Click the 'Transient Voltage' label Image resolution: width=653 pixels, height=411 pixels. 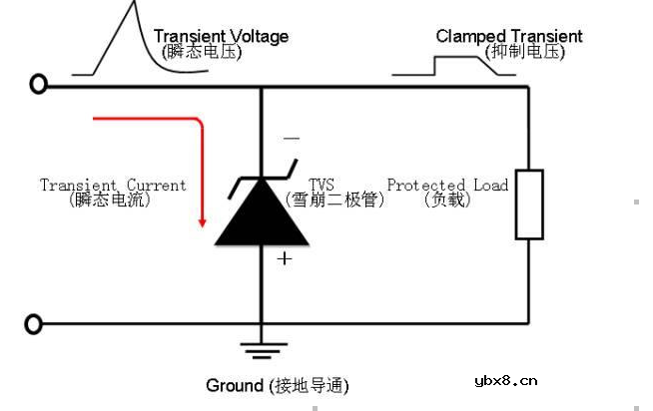pos(221,36)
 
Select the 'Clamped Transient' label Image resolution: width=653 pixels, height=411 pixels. pos(508,36)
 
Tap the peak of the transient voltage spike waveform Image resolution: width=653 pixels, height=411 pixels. pos(132,5)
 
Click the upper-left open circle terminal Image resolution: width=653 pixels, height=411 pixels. pos(38,86)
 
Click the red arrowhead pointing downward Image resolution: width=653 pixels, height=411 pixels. pos(203,219)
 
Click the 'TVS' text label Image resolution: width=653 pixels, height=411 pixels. pos(322,185)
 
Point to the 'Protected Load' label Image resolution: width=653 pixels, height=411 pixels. pos(447,185)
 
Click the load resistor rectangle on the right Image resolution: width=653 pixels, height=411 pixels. pos(529,205)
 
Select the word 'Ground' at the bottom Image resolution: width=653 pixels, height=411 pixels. pos(235,385)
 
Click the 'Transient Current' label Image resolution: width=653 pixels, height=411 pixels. pos(113,185)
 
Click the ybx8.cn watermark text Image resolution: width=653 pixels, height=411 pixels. pos(506,380)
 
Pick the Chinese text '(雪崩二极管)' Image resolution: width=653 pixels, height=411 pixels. pos(334,200)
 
